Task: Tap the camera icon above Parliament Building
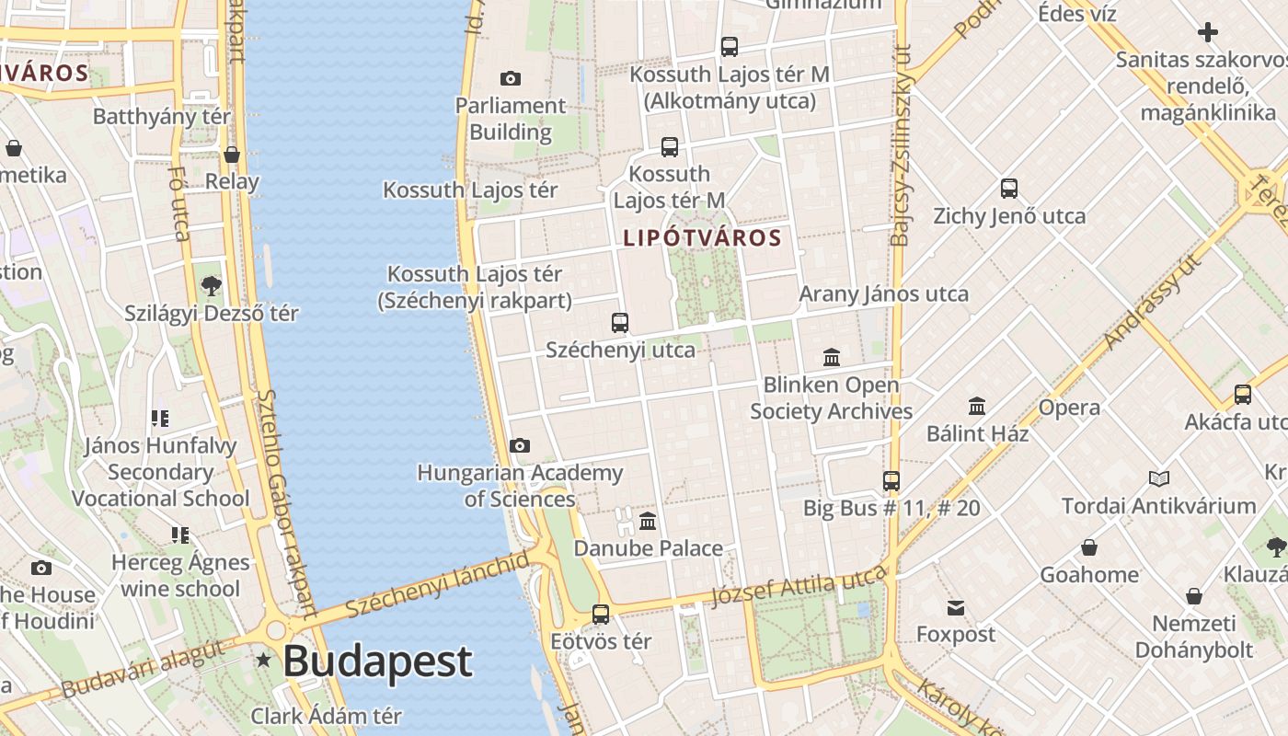point(511,79)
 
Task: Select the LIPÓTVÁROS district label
point(702,238)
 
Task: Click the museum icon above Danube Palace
point(648,522)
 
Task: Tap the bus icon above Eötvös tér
point(601,614)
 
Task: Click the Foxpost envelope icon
point(956,608)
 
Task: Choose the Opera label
point(1069,408)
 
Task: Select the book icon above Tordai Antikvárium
point(1159,479)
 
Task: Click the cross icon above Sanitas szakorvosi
point(1208,33)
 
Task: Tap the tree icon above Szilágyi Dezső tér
point(212,286)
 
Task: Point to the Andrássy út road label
point(1152,302)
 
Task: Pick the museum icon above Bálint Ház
point(977,406)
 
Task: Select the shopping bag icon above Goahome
point(1089,548)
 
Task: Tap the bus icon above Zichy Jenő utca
point(1009,190)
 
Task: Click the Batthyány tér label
point(162,117)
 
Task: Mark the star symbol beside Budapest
point(265,660)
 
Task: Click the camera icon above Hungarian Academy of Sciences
point(520,446)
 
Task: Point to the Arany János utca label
point(883,294)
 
